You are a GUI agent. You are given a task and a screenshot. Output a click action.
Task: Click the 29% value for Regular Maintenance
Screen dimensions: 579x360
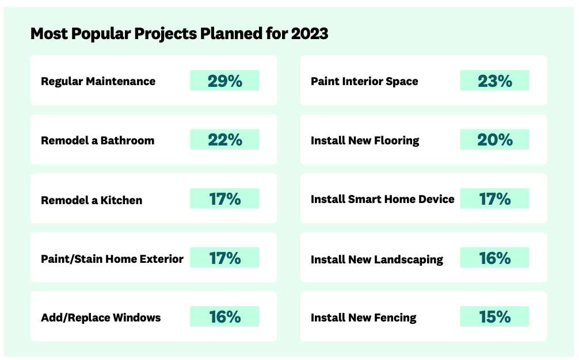click(x=225, y=81)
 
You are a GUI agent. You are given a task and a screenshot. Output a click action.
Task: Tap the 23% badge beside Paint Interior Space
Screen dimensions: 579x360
click(x=495, y=81)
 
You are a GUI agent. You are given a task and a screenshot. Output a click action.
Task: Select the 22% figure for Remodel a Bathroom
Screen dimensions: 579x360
click(x=225, y=140)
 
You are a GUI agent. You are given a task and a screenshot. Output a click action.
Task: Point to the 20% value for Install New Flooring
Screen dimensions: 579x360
click(x=495, y=140)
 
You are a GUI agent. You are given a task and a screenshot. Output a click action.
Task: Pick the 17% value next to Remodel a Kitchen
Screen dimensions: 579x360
click(x=225, y=199)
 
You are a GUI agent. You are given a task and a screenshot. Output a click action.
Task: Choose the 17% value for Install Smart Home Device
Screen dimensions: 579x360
click(x=495, y=199)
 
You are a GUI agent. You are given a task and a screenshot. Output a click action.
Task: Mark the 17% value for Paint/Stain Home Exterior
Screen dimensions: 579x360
click(x=225, y=258)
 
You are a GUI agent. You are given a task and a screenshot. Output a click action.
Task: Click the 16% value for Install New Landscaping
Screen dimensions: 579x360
click(x=495, y=258)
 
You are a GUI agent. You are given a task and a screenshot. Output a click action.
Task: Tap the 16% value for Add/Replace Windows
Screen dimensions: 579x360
click(x=225, y=317)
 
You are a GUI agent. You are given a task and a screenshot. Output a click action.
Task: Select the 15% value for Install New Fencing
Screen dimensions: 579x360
click(x=495, y=317)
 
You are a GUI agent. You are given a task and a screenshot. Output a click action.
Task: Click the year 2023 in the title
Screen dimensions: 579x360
click(x=310, y=33)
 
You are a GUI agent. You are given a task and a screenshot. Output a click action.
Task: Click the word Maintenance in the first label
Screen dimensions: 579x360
click(x=121, y=81)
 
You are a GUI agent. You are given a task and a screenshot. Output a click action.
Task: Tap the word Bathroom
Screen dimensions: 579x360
click(x=127, y=140)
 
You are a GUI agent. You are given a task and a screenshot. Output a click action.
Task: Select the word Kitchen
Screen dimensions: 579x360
click(x=121, y=200)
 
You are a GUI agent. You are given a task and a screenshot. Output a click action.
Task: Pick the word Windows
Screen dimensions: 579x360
click(x=136, y=317)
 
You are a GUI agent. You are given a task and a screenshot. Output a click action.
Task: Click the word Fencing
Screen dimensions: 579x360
click(x=395, y=318)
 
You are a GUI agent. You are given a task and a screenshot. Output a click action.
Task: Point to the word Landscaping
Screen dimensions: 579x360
click(x=409, y=260)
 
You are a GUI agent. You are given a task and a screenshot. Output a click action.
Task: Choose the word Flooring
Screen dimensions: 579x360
click(x=397, y=141)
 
